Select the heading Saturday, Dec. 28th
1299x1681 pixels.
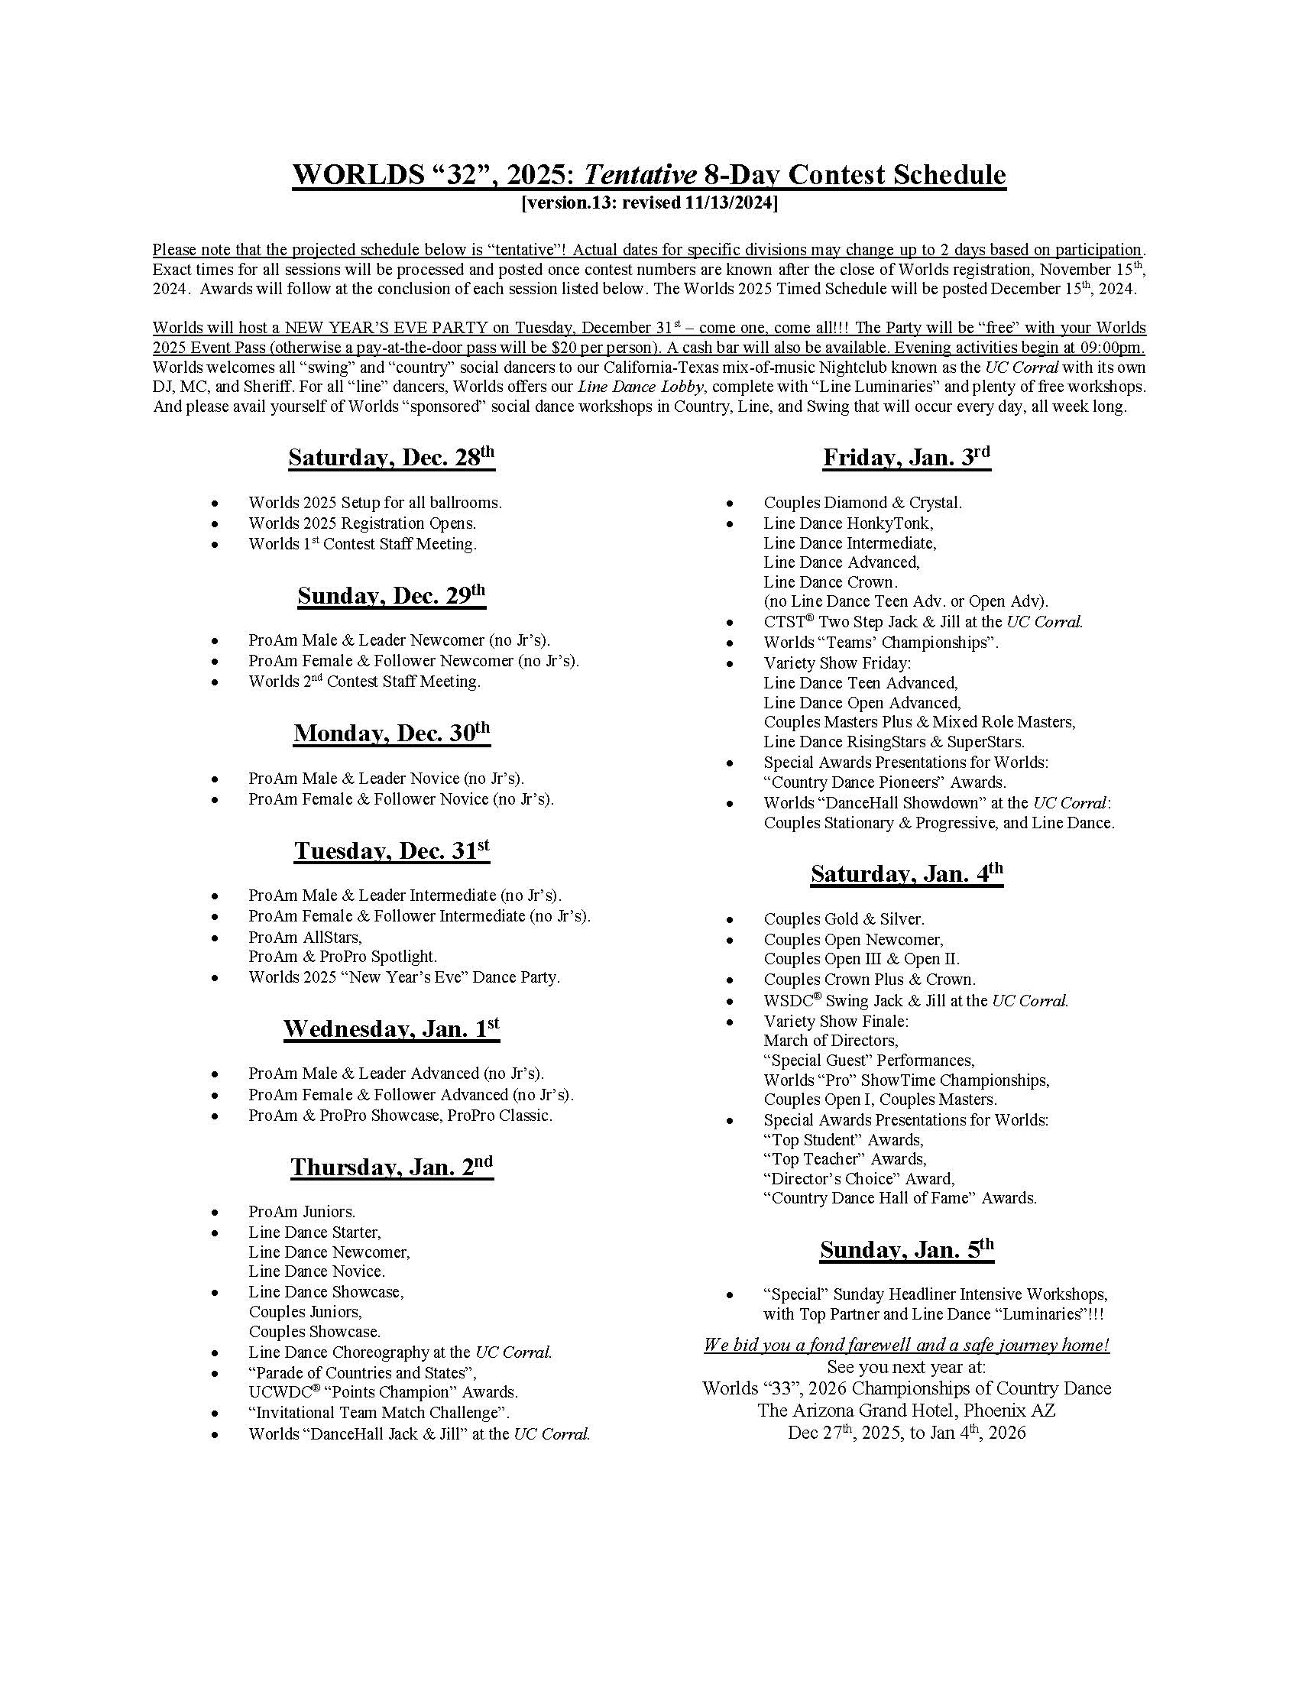[391, 458]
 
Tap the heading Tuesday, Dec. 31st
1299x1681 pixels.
[391, 851]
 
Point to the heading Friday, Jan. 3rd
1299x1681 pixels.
[905, 458]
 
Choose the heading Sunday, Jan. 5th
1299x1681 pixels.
[905, 1249]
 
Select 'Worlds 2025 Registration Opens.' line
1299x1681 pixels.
[361, 523]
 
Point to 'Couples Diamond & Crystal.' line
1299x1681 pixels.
[862, 504]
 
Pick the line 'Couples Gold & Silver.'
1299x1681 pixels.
[844, 919]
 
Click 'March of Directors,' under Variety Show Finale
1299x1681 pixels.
[831, 1041]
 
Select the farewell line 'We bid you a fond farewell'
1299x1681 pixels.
[905, 1346]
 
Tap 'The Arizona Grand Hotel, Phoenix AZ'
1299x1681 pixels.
[905, 1411]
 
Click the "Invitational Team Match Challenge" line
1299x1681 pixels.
[378, 1412]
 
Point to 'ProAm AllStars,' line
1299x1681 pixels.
[305, 938]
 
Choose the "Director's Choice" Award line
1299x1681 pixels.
[859, 1178]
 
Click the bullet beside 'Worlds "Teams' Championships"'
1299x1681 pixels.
[730, 643]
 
